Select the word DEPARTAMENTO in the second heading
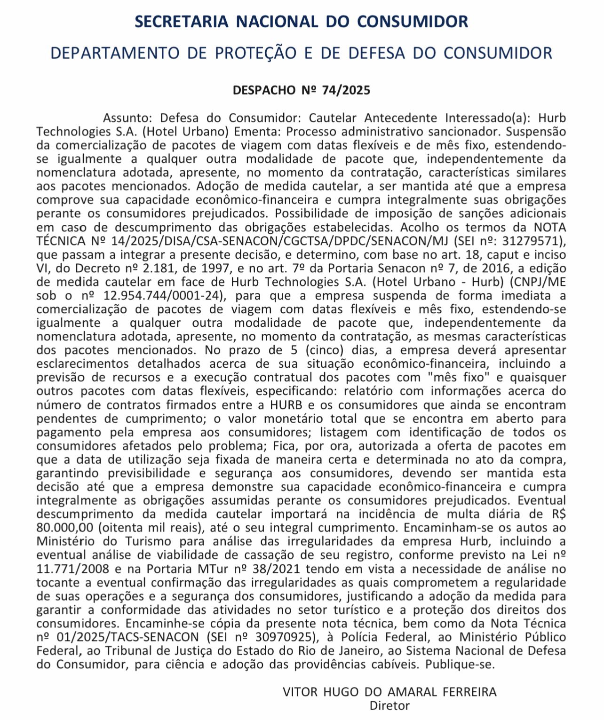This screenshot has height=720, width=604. [115, 53]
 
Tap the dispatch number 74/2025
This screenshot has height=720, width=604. [346, 90]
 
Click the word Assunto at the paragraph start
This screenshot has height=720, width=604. [127, 118]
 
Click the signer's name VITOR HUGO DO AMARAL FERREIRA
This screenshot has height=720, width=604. [389, 692]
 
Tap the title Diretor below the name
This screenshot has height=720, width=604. [389, 705]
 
